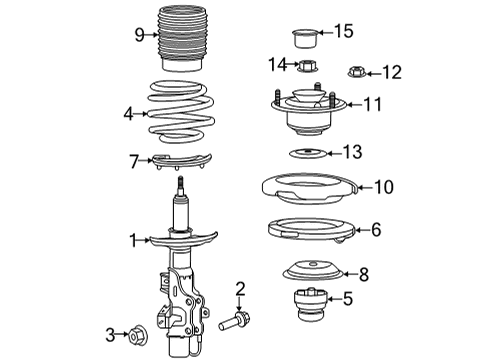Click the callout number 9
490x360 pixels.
[139, 34]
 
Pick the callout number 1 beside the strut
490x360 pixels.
[133, 239]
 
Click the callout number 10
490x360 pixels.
[385, 186]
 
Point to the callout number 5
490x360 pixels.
[347, 297]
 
